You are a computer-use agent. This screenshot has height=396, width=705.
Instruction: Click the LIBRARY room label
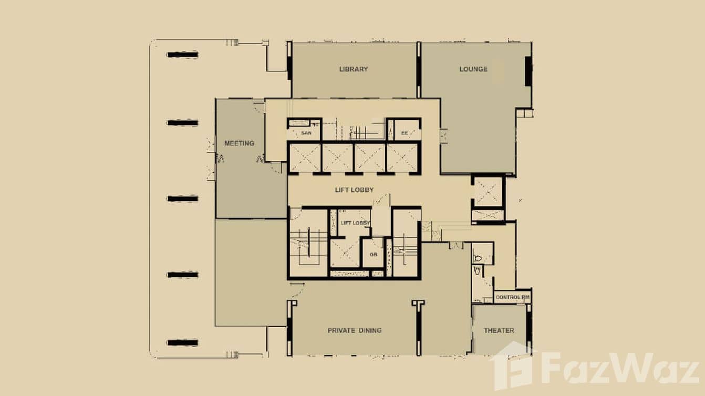[354, 69]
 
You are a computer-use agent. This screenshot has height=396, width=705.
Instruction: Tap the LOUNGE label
[473, 69]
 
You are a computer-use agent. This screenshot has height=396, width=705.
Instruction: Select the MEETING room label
[239, 143]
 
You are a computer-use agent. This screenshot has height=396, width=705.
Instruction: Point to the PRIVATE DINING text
[355, 330]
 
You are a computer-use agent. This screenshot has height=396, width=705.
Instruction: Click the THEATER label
[499, 330]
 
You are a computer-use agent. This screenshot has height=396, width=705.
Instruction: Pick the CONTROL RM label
[512, 298]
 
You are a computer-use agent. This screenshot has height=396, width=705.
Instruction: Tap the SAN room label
[306, 133]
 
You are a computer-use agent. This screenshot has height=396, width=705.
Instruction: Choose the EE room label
[405, 133]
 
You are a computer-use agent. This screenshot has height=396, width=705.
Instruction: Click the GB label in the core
[374, 254]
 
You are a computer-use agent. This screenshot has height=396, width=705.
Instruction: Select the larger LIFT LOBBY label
[354, 190]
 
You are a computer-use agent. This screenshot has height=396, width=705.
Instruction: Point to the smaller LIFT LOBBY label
[356, 223]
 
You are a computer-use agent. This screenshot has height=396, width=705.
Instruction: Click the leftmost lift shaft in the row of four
[305, 158]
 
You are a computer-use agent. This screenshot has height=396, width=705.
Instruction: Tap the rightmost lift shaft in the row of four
[402, 158]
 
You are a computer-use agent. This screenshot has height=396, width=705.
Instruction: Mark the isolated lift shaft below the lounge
[488, 193]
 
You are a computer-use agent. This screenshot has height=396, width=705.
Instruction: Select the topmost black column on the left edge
[182, 55]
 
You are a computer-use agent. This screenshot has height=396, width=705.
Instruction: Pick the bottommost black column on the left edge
[182, 343]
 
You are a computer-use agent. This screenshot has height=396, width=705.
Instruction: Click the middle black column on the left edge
[182, 199]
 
